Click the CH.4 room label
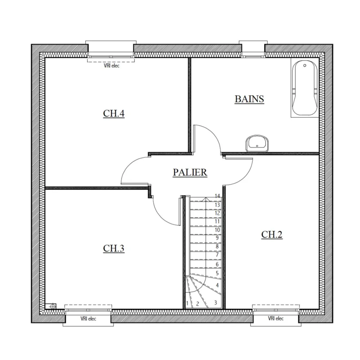[x=114, y=113]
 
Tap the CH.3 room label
[x=114, y=248]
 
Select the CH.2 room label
[x=271, y=235]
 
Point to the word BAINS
[x=249, y=99]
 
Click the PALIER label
[x=190, y=172]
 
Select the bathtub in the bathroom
[x=305, y=89]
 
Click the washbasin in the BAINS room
[x=257, y=144]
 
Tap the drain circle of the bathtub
[x=305, y=66]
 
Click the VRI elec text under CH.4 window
[x=111, y=66]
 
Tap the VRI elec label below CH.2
[x=276, y=318]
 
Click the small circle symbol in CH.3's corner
[x=53, y=306]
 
